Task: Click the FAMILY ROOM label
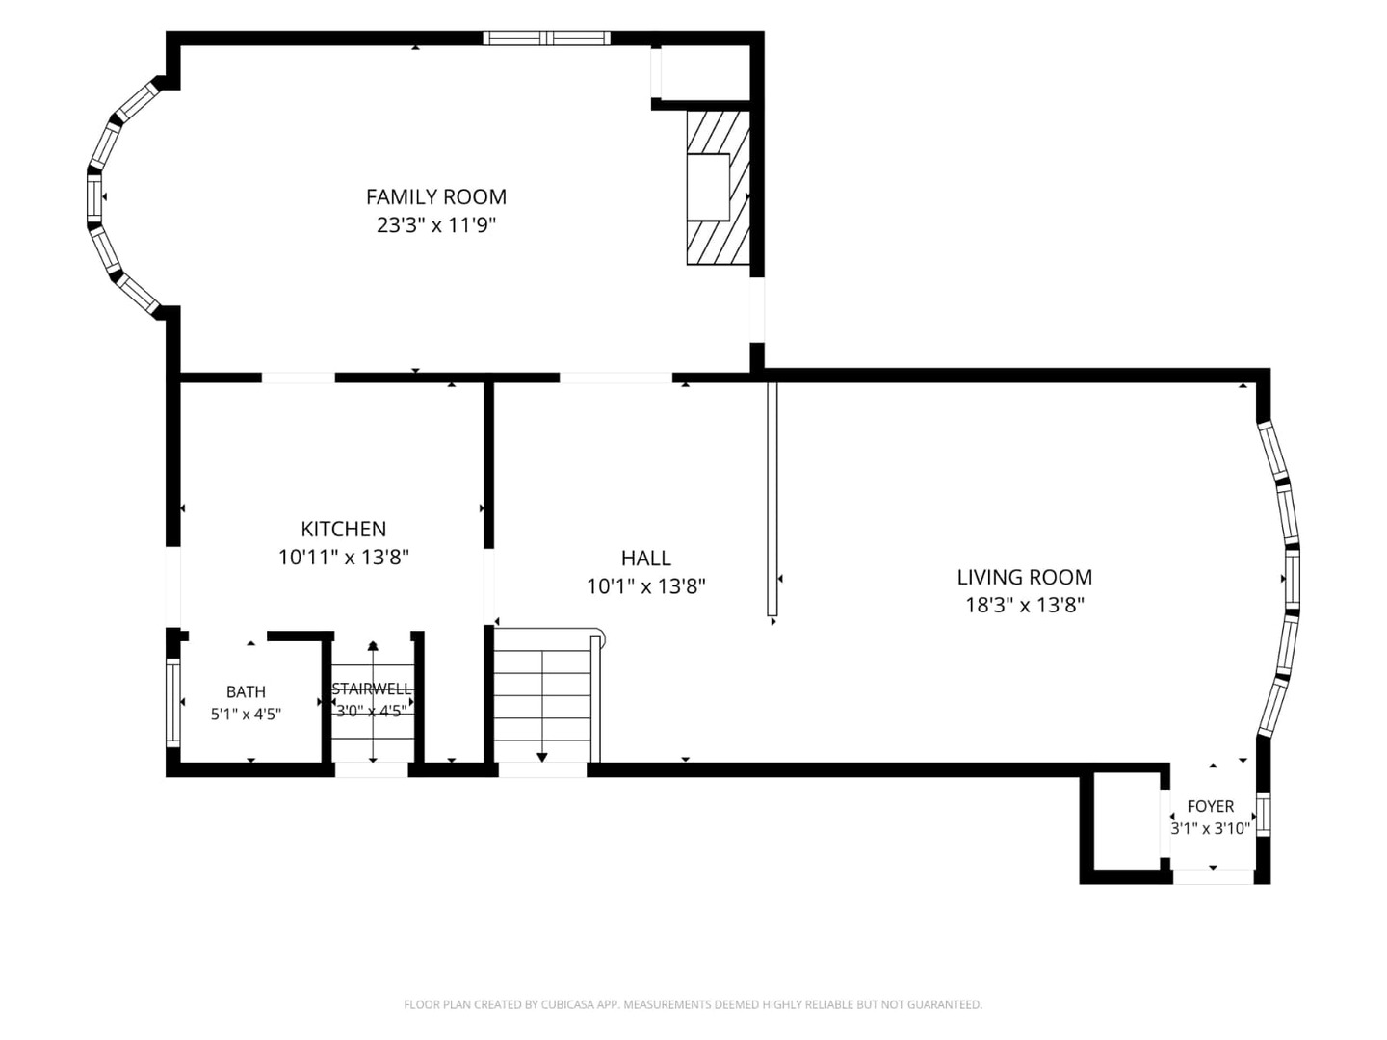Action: click(436, 197)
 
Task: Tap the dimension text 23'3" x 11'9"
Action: click(436, 225)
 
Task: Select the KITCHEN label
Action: click(343, 529)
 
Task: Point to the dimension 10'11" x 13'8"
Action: click(344, 557)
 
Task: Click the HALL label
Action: click(645, 559)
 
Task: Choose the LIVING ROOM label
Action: click(1024, 577)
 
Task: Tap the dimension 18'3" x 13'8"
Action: click(1024, 606)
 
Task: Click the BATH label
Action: click(246, 692)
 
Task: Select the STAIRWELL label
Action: click(372, 689)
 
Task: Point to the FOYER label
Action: click(1210, 806)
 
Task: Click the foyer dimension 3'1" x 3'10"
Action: click(1210, 828)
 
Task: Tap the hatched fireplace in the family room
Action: click(719, 188)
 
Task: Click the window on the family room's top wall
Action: click(547, 38)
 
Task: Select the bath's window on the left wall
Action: click(172, 702)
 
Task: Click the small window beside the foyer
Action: click(1263, 815)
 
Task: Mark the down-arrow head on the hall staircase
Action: click(542, 758)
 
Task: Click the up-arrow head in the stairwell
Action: click(373, 645)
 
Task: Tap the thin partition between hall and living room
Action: click(772, 499)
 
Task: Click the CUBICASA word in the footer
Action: click(565, 1004)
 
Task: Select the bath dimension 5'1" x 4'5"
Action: click(246, 715)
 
